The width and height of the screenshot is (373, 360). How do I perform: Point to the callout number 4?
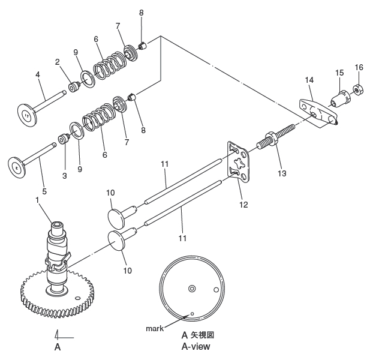coord(37,75)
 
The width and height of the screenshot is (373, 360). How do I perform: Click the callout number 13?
coord(281,173)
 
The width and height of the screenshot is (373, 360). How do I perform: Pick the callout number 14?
coord(309,79)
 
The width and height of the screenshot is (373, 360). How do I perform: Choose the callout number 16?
coord(359,67)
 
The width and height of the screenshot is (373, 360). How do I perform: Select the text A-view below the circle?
coord(195,346)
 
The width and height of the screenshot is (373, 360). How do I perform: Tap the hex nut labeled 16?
coord(358,90)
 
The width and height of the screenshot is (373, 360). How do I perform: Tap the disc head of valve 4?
coord(26,114)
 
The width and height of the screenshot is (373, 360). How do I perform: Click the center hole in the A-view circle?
coord(192,289)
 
